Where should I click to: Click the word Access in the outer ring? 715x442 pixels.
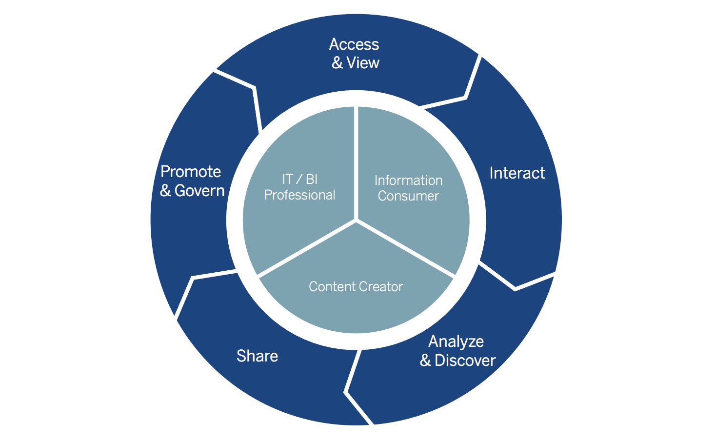354,44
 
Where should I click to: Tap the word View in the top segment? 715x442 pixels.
363,63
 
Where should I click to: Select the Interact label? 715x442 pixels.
517,173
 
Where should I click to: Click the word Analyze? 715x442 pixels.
456,342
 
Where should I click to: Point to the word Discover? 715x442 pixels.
465,361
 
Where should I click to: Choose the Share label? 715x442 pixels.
257,356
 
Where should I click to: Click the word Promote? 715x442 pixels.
191,172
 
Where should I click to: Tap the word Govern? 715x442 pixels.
199,191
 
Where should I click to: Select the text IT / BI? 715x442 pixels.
299,180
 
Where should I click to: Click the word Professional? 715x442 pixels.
299,195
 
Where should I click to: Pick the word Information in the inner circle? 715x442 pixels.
408,181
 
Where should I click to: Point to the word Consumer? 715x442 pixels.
408,196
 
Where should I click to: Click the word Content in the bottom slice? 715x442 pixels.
330,287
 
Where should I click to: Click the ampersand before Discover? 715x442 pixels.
425,361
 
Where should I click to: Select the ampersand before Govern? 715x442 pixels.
165,191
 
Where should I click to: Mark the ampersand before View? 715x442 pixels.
337,63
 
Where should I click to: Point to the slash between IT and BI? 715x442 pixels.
299,180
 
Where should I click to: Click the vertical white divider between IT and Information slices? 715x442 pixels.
357,161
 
